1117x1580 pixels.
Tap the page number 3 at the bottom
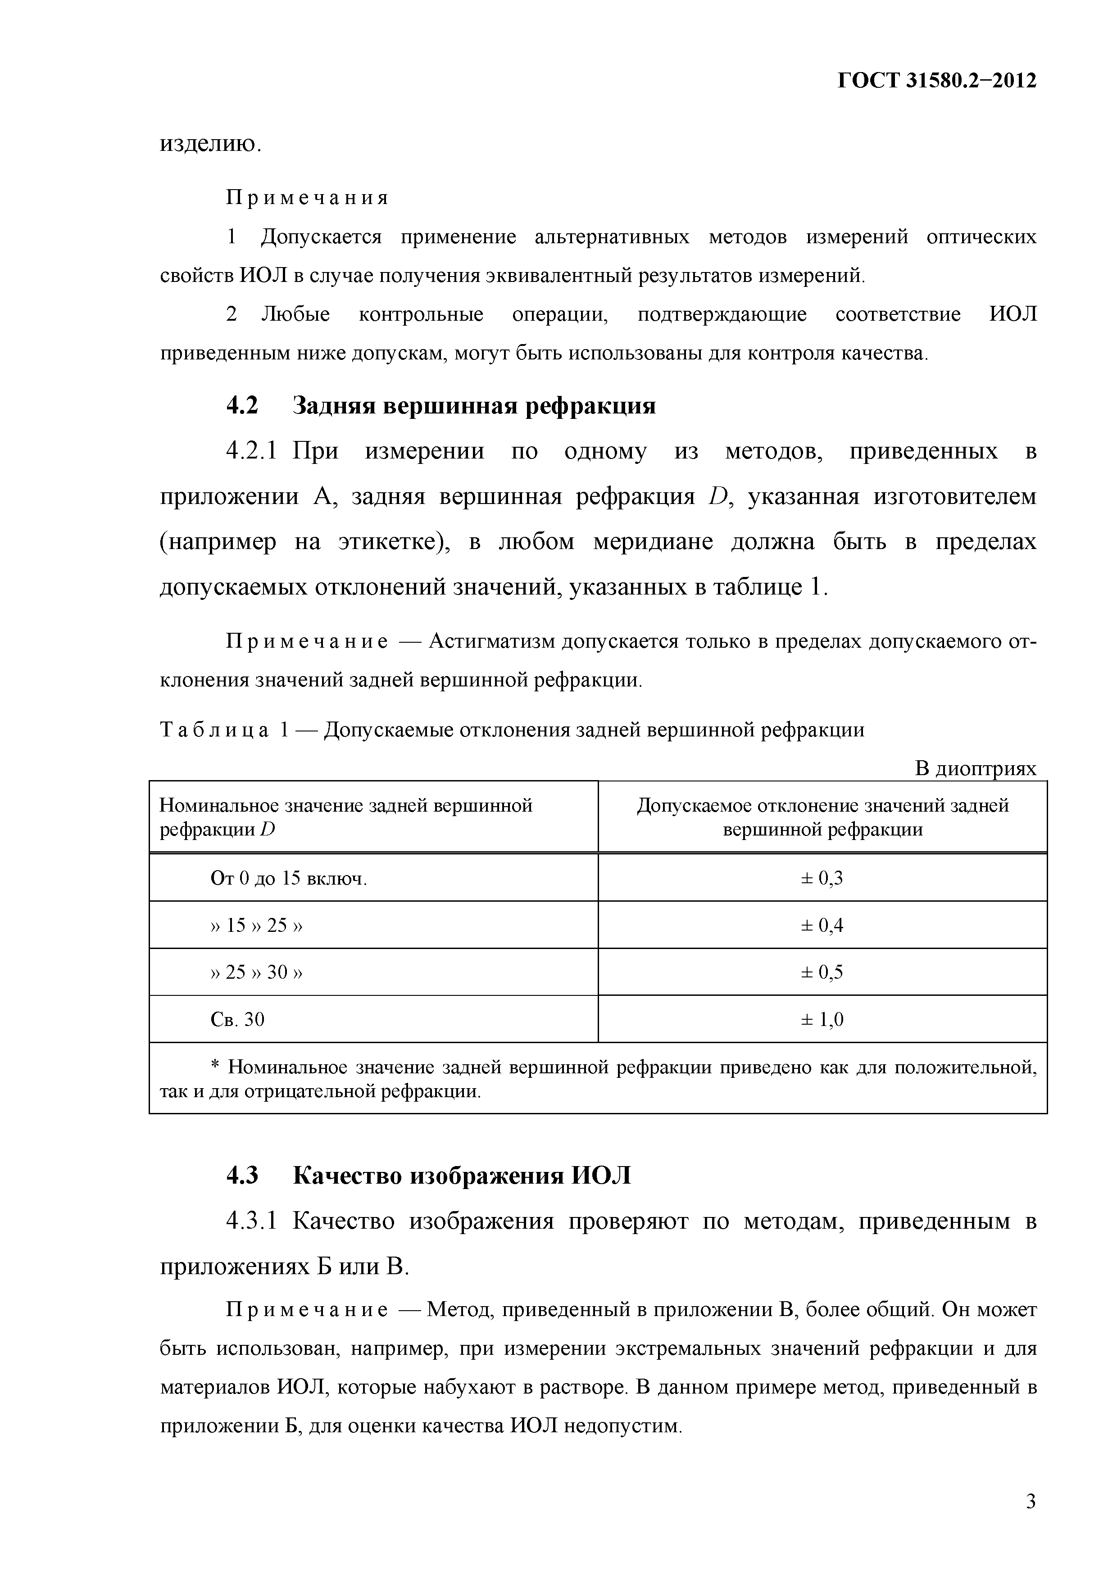coord(1030,1501)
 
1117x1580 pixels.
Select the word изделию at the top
coord(210,144)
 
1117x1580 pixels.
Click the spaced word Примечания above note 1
coord(308,198)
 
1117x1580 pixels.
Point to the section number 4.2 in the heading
coord(242,405)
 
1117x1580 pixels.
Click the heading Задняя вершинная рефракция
coord(474,405)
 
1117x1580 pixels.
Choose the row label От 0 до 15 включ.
coord(288,879)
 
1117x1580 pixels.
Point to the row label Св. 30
coord(237,1019)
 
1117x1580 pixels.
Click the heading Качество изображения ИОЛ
coord(462,1176)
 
